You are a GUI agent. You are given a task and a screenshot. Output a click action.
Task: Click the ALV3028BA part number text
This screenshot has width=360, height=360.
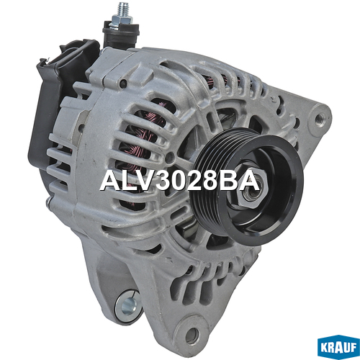180,181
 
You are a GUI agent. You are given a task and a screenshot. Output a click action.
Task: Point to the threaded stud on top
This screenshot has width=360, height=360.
124,9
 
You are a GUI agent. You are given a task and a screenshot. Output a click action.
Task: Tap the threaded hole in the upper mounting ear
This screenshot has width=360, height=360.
320,118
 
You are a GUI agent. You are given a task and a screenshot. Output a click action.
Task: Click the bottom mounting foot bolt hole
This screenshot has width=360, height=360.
192,333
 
